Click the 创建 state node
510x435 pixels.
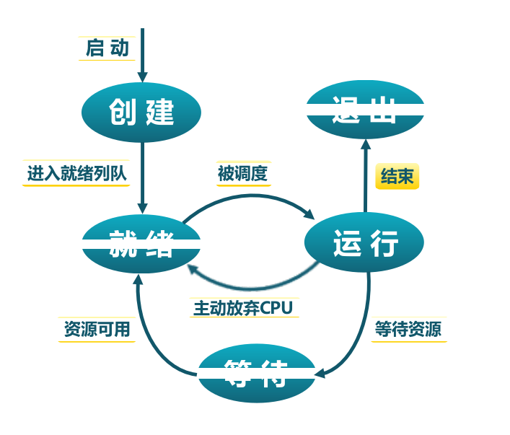(x=141, y=113)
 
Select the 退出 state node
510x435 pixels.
(x=365, y=110)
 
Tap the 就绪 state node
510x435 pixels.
(x=141, y=244)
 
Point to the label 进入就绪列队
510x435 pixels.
(x=76, y=173)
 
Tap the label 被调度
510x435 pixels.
(x=243, y=173)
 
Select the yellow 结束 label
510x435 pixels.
(x=397, y=176)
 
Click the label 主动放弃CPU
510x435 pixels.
(x=242, y=308)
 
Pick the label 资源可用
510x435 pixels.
(x=97, y=329)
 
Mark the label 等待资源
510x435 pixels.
(x=408, y=329)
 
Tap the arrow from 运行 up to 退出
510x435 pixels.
(x=365, y=177)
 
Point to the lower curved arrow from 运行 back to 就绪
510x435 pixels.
(x=252, y=286)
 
